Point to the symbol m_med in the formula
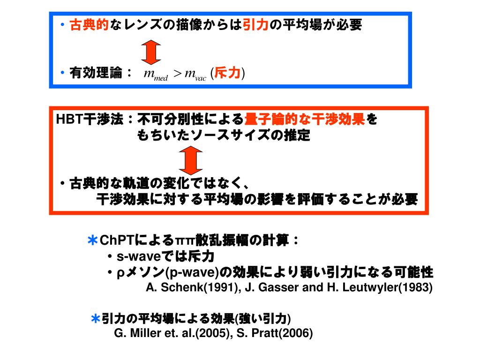tap(156, 74)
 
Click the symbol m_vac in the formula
tap(195, 74)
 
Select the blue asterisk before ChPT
tap(92, 241)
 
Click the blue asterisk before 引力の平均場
tap(95, 319)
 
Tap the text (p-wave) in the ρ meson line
tap(195, 272)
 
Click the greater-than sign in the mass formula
tap(177, 74)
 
